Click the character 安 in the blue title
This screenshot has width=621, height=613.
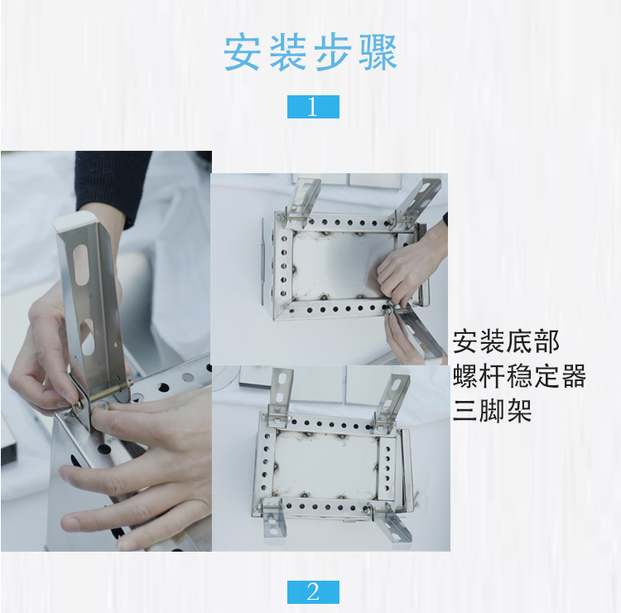point(242,53)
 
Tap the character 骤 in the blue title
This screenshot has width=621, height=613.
point(378,53)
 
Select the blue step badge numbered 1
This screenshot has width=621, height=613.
point(313,107)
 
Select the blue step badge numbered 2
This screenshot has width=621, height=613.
point(313,592)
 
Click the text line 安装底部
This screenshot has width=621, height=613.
point(506,341)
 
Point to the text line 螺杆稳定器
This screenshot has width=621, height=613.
point(519,375)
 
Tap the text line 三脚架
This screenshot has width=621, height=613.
point(493,410)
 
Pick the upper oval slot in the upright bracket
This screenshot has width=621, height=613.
point(81,265)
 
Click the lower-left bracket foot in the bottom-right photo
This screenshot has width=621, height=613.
point(274,522)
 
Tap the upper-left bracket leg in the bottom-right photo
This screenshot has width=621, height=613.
point(282,393)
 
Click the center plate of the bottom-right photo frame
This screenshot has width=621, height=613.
point(325,464)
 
